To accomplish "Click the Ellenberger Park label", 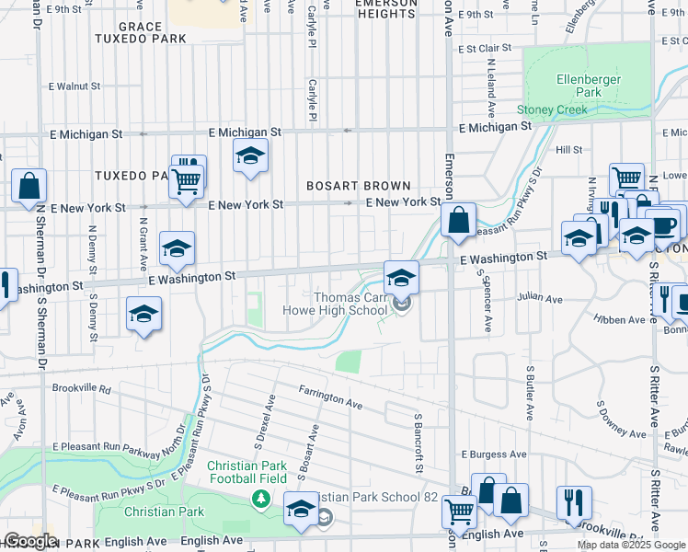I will [x=588, y=86].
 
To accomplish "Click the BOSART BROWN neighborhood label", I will [x=358, y=186].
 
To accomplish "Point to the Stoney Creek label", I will [x=551, y=109].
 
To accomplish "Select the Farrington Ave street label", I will [x=329, y=397].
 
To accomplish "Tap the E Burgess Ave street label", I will [x=494, y=454].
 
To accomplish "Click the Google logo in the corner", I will [x=29, y=541].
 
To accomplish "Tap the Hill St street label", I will [x=568, y=149].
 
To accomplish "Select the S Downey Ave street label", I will [x=623, y=419].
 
